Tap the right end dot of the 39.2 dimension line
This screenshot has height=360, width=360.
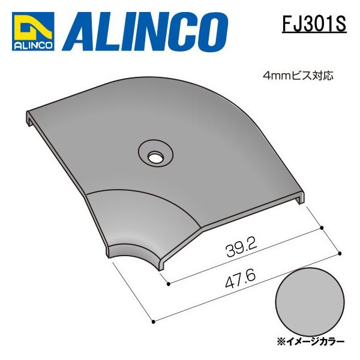click(x=323, y=227)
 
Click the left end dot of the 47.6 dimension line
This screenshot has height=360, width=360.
click(x=154, y=322)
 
